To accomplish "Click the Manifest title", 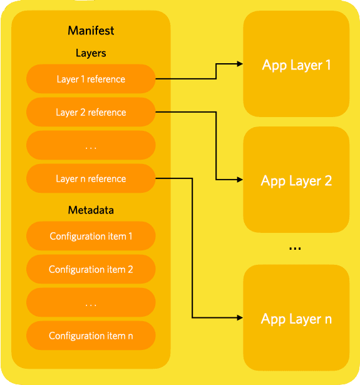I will point(91,30).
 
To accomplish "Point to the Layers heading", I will point(91,53).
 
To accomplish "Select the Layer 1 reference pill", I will point(91,79).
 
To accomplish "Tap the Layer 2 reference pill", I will point(91,113).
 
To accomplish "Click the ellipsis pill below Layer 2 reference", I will point(91,146).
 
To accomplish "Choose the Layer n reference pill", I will point(91,179).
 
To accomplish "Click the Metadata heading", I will point(91,210).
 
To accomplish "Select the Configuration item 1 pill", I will point(91,237).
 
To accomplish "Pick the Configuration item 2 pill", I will point(91,270).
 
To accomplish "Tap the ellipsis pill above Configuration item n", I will point(91,303).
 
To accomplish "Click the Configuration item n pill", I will point(91,336).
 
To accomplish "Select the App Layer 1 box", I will point(296,64).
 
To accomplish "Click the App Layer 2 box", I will point(296,181).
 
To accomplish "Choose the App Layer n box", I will point(296,319).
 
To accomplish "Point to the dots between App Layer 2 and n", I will point(295,249).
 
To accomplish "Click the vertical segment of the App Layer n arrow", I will point(192,250).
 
